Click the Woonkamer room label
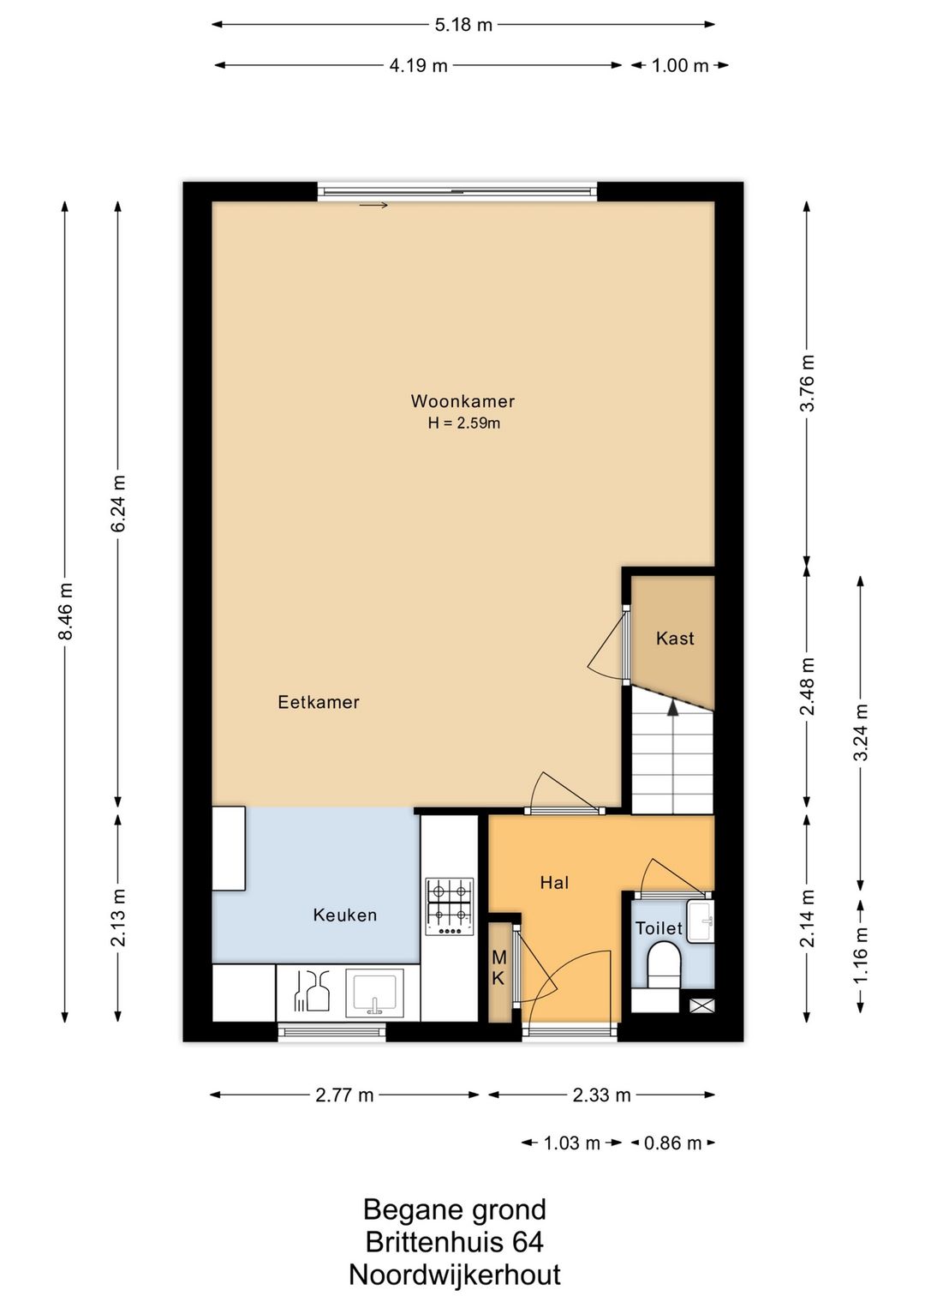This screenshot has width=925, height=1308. (x=462, y=401)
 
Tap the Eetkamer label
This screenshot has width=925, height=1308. (x=319, y=702)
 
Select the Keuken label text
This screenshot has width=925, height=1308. (x=345, y=915)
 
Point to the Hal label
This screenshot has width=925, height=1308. (x=554, y=882)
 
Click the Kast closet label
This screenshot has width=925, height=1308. (x=675, y=639)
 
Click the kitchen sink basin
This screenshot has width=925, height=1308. (x=374, y=993)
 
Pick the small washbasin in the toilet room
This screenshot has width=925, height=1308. (x=701, y=921)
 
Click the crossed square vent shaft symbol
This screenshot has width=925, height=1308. (x=699, y=1005)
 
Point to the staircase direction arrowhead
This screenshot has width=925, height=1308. (x=673, y=708)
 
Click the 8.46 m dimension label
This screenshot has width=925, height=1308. (x=65, y=611)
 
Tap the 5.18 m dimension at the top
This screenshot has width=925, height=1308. (x=463, y=25)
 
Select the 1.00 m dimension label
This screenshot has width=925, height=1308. (x=680, y=65)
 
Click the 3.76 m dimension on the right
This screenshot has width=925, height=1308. (x=807, y=383)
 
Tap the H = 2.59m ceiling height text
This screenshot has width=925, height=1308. (x=464, y=423)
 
